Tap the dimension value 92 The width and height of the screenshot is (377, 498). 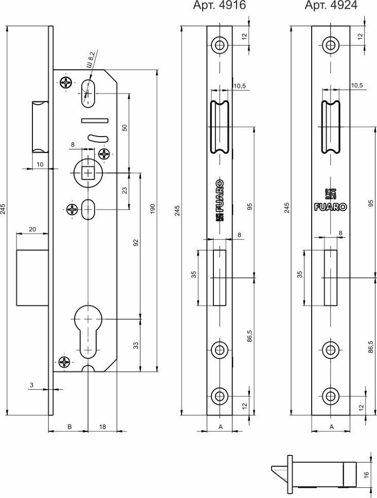pyautogui.click(x=136, y=243)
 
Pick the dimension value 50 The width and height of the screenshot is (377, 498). pyautogui.click(x=124, y=128)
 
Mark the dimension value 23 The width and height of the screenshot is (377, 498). pyautogui.click(x=124, y=190)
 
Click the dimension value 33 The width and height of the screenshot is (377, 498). pyautogui.click(x=136, y=346)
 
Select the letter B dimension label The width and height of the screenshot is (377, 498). pyautogui.click(x=69, y=426)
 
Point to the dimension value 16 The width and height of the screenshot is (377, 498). pyautogui.click(x=366, y=474)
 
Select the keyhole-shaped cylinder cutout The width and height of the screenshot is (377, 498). pyautogui.click(x=88, y=329)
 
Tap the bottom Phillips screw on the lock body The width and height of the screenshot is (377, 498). pyautogui.click(x=65, y=362)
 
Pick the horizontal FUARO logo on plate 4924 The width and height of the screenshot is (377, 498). pyautogui.click(x=330, y=207)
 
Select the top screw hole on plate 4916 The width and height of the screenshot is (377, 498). pyautogui.click(x=220, y=45)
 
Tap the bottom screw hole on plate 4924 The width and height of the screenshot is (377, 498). pyautogui.click(x=330, y=395)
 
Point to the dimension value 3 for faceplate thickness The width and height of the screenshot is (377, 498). pyautogui.click(x=31, y=384)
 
